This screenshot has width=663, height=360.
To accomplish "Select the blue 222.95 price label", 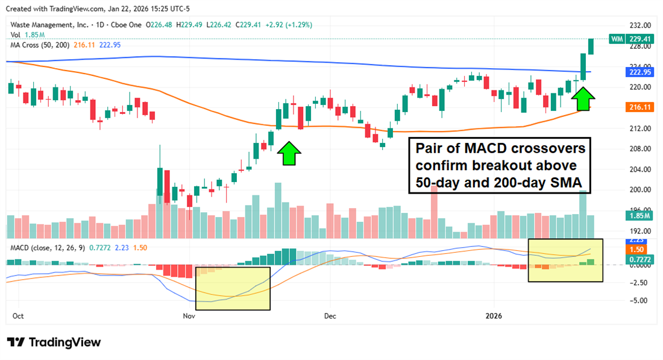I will [638, 72].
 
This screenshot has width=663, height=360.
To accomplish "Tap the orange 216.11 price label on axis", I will [638, 107].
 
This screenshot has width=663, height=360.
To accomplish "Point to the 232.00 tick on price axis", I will [639, 25].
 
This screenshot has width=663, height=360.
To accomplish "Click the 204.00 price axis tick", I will [639, 169].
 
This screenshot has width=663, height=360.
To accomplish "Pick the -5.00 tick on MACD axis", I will [639, 300].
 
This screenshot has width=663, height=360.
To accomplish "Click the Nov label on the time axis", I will [189, 315].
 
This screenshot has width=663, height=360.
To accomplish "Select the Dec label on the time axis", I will [330, 315].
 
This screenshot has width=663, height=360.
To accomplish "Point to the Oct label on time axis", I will [19, 315].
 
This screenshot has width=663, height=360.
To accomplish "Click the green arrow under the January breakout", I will [583, 93].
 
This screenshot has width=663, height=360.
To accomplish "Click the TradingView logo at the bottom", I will [54, 342].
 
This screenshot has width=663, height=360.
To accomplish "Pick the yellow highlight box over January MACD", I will [565, 260].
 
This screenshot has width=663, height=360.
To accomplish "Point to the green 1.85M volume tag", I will [638, 215].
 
